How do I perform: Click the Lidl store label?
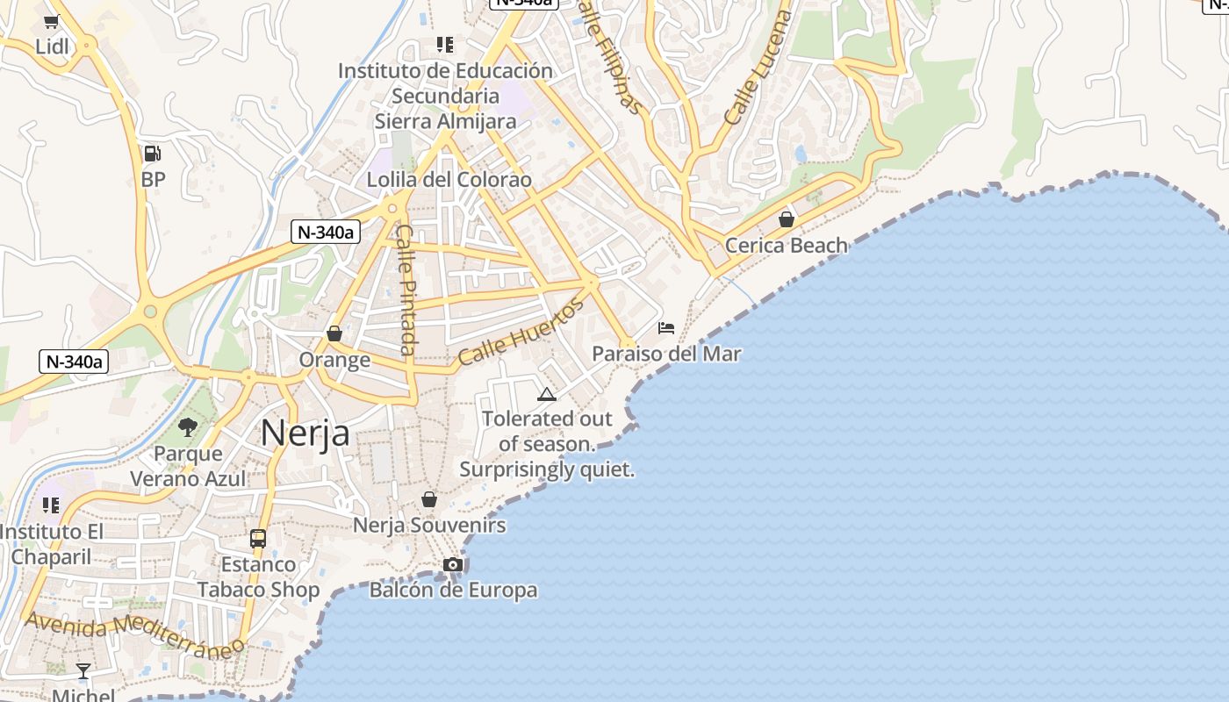point(52,47)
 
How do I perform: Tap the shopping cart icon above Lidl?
point(52,22)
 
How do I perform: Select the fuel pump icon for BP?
point(153,154)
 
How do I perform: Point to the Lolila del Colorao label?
point(449,180)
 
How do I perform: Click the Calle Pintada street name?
point(406,290)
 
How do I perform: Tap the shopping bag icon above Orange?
point(334,333)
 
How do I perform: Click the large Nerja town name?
point(305,433)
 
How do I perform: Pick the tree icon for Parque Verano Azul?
point(187,427)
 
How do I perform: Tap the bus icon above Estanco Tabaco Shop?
point(258,538)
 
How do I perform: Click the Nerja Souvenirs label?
point(429,526)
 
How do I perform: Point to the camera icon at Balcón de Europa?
point(453,564)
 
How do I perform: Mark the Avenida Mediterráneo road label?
point(133,635)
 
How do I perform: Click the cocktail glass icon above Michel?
point(83,671)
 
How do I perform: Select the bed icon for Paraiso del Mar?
point(666,328)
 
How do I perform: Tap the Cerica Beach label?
point(787,246)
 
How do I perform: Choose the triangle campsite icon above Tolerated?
point(547,394)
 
